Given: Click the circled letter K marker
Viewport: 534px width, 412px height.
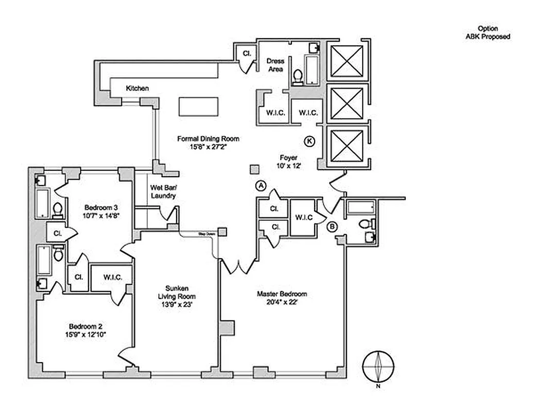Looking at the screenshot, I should (309, 141).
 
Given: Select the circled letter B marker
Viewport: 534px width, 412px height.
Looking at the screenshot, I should (333, 226).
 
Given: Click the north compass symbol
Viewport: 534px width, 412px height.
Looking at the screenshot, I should (378, 366).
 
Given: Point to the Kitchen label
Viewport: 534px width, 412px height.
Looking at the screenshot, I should (137, 89).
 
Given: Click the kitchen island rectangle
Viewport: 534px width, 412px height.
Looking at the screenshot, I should (199, 107).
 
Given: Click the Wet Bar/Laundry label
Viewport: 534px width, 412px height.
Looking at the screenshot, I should (163, 192).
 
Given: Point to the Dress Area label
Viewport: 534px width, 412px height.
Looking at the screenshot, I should (275, 65).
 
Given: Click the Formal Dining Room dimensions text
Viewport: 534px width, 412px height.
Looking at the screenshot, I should (208, 146).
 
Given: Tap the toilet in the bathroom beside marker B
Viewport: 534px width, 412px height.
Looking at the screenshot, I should (366, 224).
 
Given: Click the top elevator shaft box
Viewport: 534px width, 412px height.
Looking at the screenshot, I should (347, 61).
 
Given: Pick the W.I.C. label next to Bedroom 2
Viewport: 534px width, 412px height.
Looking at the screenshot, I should (112, 278).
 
